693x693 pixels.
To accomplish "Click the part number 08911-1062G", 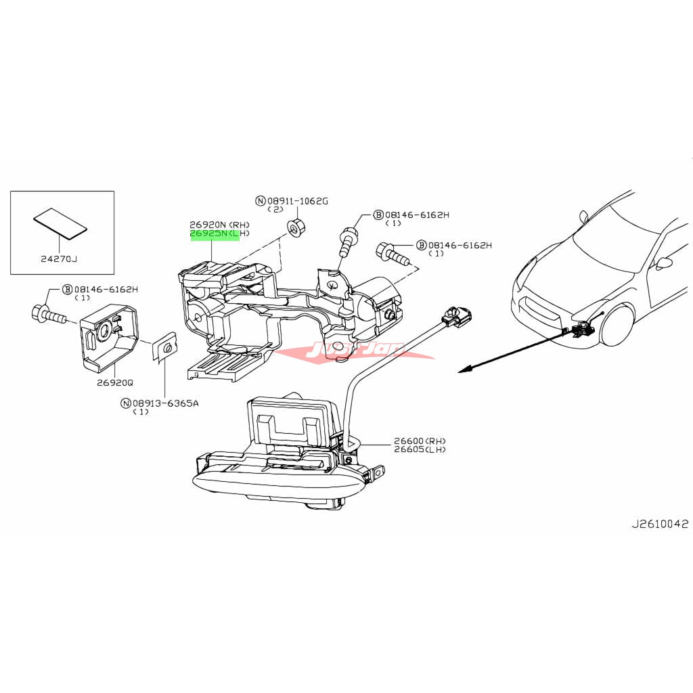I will point(297,200).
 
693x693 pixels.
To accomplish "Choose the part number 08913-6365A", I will point(165,403).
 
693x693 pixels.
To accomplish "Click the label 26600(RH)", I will point(420,441).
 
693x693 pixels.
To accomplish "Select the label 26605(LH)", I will point(420,449).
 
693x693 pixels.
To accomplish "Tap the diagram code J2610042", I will point(659,524).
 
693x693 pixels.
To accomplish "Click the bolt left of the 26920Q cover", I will point(47,314).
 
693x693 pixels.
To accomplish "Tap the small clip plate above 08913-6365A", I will point(164,347).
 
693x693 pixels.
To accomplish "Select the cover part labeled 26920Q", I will point(108,338).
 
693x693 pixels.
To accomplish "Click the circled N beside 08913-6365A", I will point(125,403).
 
